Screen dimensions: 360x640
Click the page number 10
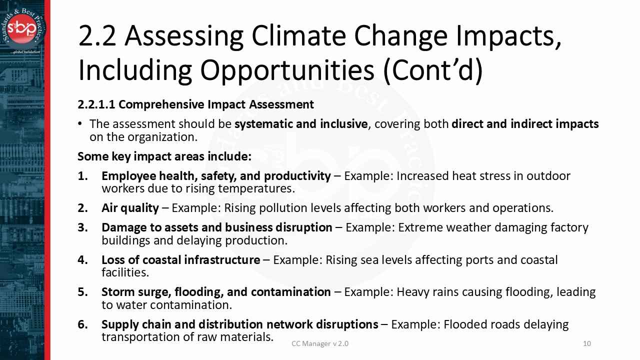(587, 343)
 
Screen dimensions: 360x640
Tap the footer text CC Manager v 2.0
(320, 343)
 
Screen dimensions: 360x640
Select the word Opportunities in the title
(287, 70)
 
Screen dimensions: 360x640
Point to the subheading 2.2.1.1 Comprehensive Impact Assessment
(195, 104)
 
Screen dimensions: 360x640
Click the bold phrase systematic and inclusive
(301, 124)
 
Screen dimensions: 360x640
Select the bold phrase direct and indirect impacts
(524, 124)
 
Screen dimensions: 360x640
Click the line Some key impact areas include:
(164, 156)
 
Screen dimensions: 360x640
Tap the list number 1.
(82, 176)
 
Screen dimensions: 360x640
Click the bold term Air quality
(130, 208)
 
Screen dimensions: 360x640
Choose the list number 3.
(82, 227)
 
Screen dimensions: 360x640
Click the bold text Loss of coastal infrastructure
(180, 260)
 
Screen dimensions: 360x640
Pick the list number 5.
(82, 292)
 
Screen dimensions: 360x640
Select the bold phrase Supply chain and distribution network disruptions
(239, 324)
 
